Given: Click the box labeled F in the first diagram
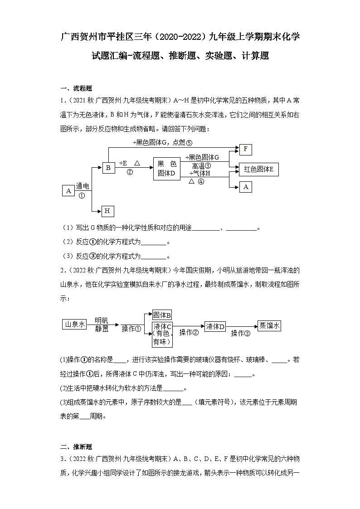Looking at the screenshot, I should pyautogui.click(x=245, y=150).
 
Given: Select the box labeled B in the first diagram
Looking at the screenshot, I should pyautogui.click(x=108, y=167).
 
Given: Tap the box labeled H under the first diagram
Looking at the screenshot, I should pyautogui.click(x=107, y=211).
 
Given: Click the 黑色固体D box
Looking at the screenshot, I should pyautogui.click(x=166, y=168).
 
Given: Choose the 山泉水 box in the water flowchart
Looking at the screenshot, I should pyautogui.click(x=74, y=324).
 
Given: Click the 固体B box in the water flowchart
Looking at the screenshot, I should pyautogui.click(x=162, y=315).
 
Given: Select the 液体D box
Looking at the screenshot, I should pyautogui.click(x=215, y=326).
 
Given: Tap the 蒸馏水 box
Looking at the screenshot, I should pyautogui.click(x=269, y=325).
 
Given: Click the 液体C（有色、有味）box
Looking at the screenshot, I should pyautogui.click(x=162, y=334).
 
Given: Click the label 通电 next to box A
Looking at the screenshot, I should pyautogui.click(x=83, y=186).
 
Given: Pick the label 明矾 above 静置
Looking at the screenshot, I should pyautogui.click(x=102, y=320).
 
